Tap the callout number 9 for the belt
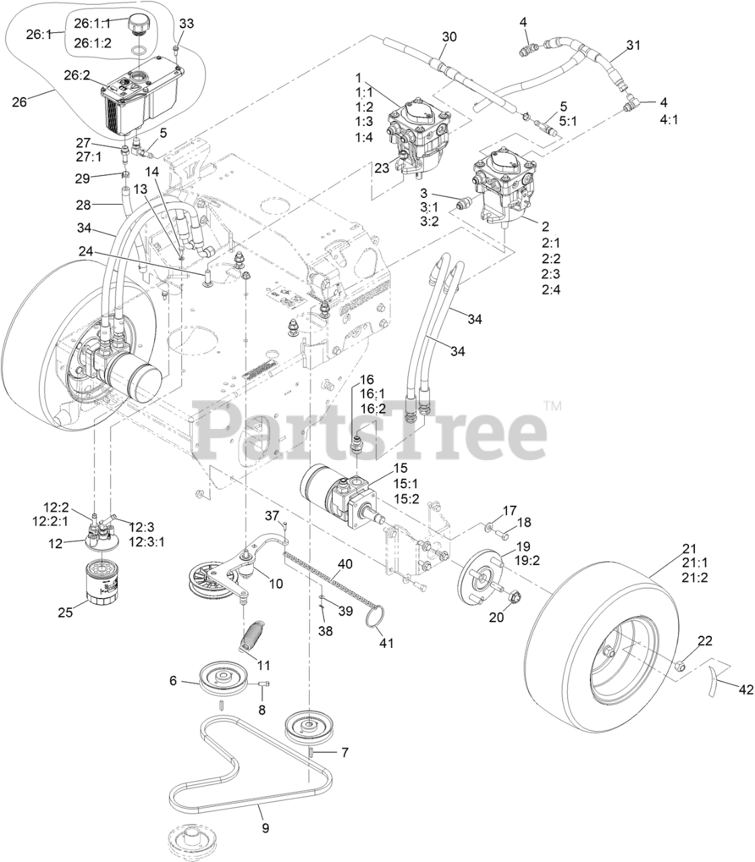coord(265,828)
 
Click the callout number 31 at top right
coord(633,45)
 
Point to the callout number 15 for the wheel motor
coord(401,467)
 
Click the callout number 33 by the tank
coord(187,24)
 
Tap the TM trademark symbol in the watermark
coord(552,406)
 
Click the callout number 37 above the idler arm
coord(271,516)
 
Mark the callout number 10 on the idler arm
coord(276,583)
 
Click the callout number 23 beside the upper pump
coord(382,168)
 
